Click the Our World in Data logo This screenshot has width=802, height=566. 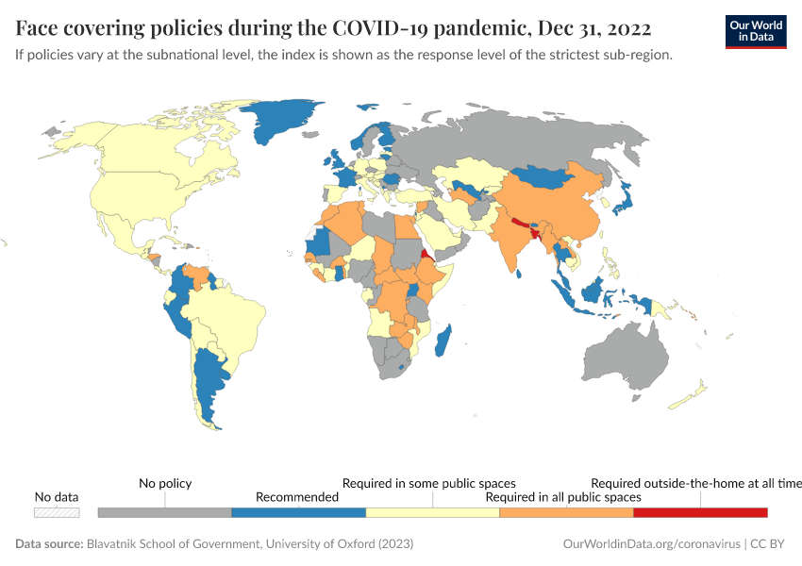pyautogui.click(x=755, y=31)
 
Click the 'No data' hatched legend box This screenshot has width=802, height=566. pyautogui.click(x=57, y=512)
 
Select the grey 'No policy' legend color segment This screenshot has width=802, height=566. pyautogui.click(x=165, y=512)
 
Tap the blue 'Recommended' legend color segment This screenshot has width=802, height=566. pyautogui.click(x=298, y=512)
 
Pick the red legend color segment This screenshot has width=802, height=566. pyautogui.click(x=700, y=512)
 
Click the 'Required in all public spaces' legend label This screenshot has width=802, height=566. pyautogui.click(x=562, y=497)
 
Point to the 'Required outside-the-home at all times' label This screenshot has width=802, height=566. pyautogui.click(x=695, y=483)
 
